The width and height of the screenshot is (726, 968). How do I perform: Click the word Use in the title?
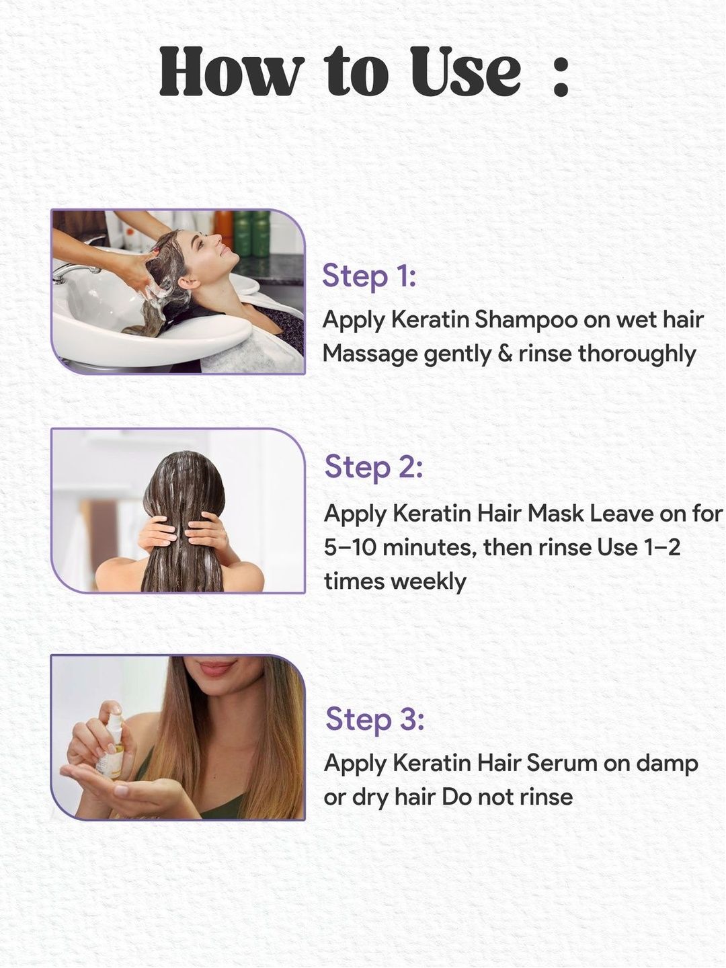(465, 71)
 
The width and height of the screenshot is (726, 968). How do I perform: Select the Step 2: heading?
(373, 467)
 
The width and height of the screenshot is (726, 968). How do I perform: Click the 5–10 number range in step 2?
(350, 547)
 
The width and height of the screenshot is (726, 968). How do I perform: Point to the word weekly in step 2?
(428, 581)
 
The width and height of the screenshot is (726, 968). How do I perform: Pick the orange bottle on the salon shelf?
(224, 225)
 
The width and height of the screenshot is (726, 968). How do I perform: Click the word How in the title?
(232, 71)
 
